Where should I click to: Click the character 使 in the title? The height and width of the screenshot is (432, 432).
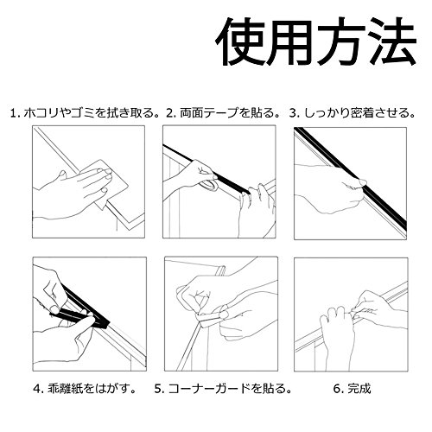click(x=240, y=41)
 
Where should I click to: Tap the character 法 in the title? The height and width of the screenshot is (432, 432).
click(x=392, y=41)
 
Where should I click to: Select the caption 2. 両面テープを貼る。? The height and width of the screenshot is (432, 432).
click(x=224, y=113)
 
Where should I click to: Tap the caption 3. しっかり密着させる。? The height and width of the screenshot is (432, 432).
click(x=353, y=113)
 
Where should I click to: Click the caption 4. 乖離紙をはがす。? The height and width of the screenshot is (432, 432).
click(x=85, y=389)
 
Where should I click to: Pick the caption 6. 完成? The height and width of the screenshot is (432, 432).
click(x=352, y=389)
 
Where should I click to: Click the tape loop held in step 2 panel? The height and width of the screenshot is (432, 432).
click(x=209, y=186)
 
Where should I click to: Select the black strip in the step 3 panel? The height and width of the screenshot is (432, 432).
click(x=350, y=176)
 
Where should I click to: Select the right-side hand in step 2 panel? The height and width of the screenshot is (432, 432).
click(x=257, y=209)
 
